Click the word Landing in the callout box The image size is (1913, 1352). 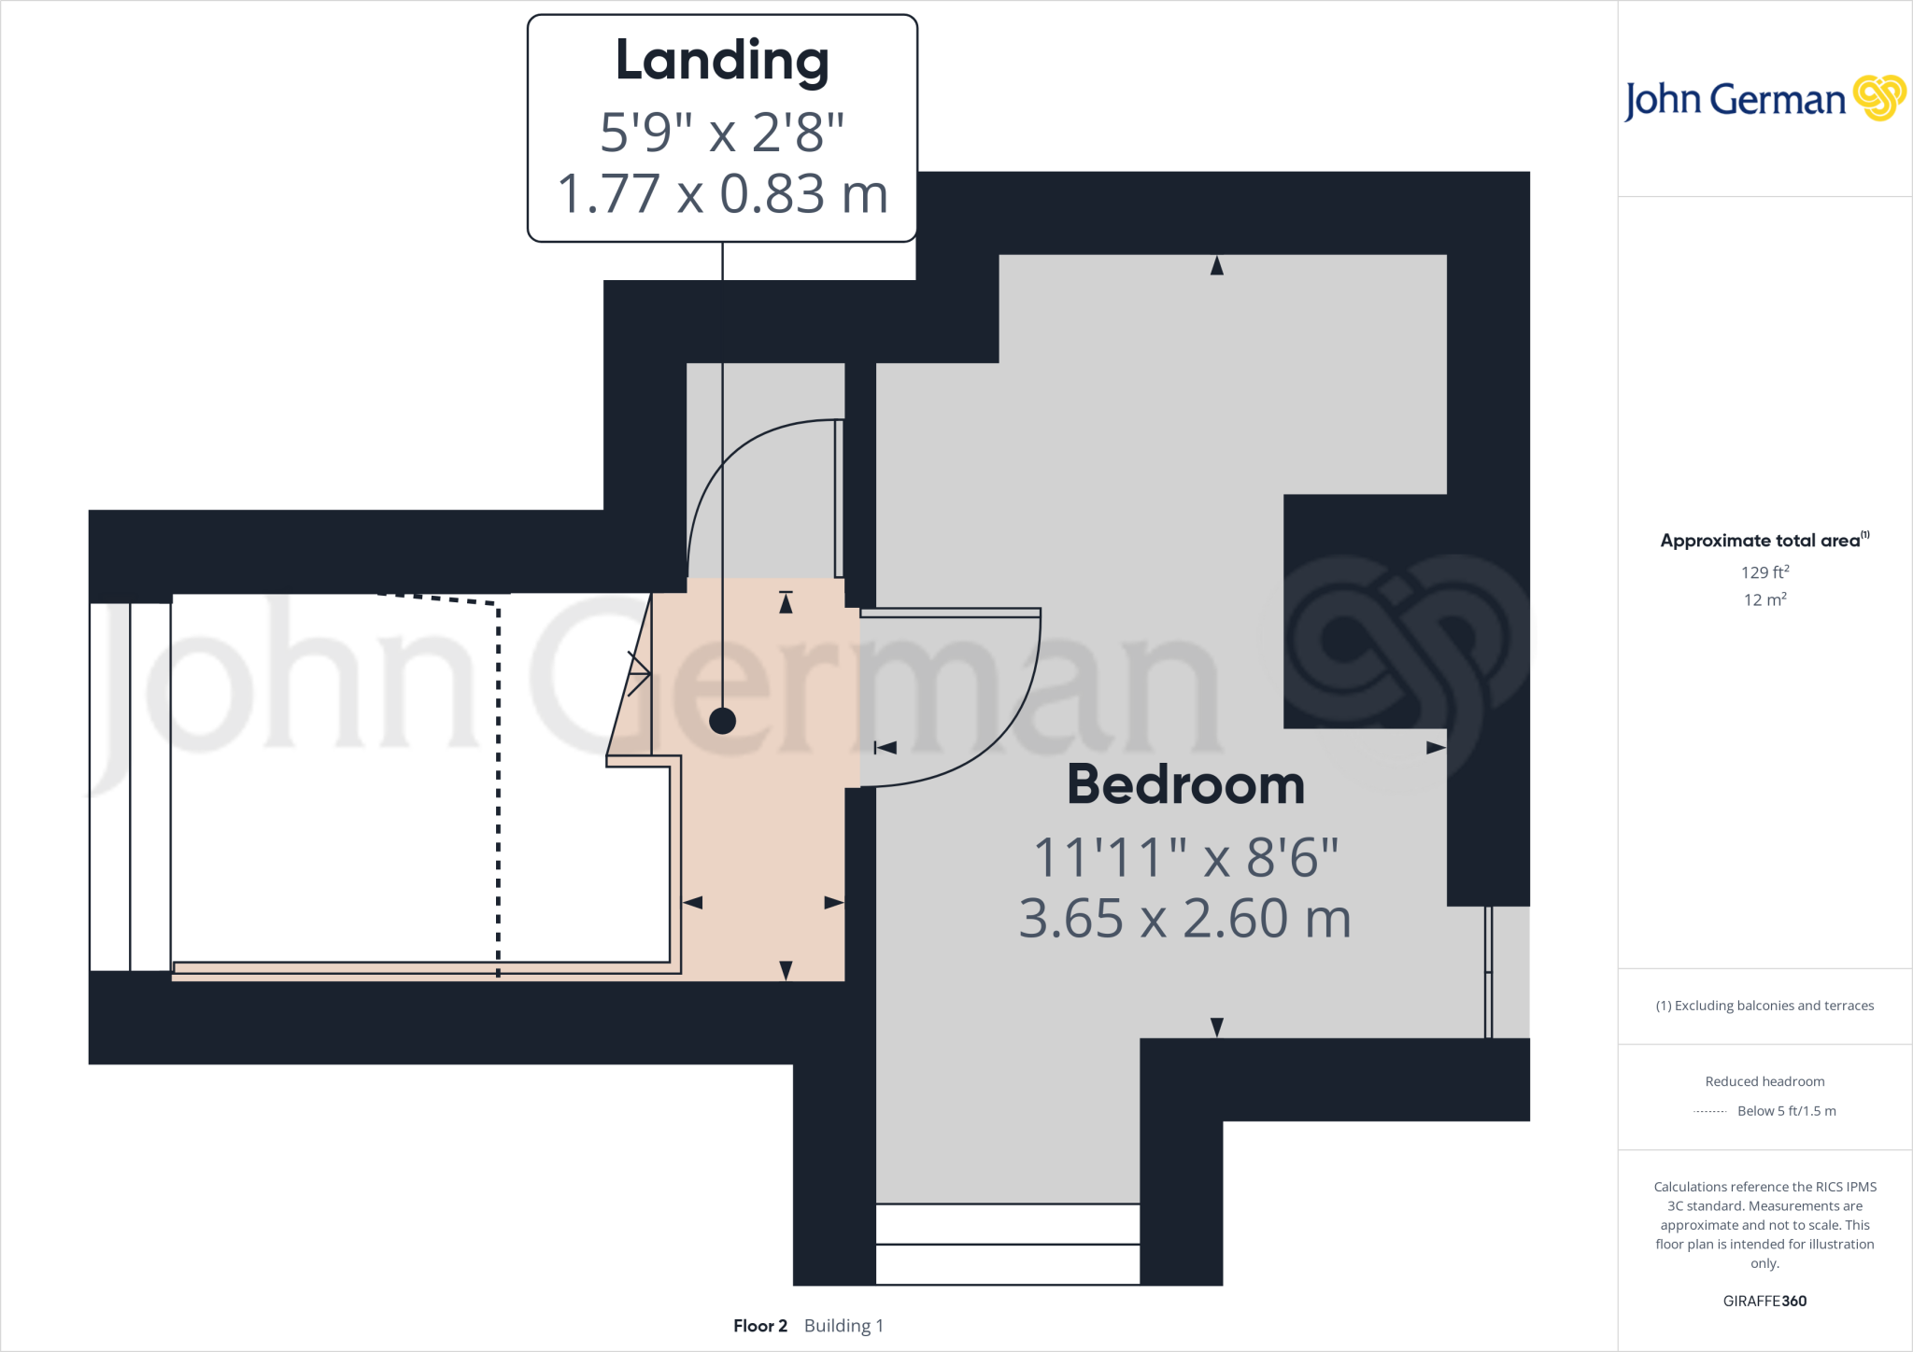(722, 61)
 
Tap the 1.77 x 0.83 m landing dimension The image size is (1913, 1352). (722, 194)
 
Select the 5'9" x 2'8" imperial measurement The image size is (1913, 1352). (722, 132)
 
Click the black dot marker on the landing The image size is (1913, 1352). (722, 721)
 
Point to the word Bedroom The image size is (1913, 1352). (1185, 784)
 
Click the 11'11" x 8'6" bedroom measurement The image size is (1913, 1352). (1185, 857)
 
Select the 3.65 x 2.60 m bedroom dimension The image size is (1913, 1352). (1185, 919)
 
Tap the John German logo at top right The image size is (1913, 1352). (1764, 99)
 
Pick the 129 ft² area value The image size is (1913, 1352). (1764, 572)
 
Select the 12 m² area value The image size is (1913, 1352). (1764, 599)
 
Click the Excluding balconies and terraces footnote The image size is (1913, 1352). (1764, 1006)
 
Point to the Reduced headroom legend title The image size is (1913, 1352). (1764, 1081)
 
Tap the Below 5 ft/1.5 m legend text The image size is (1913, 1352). (1786, 1111)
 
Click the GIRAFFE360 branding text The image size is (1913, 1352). (1764, 1301)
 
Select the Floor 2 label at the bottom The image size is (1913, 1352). (760, 1326)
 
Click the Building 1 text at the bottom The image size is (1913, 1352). (843, 1326)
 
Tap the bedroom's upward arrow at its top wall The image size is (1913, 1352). (1216, 266)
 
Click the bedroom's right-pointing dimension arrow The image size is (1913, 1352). (1436, 748)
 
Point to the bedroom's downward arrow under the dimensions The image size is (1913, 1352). (1216, 1027)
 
